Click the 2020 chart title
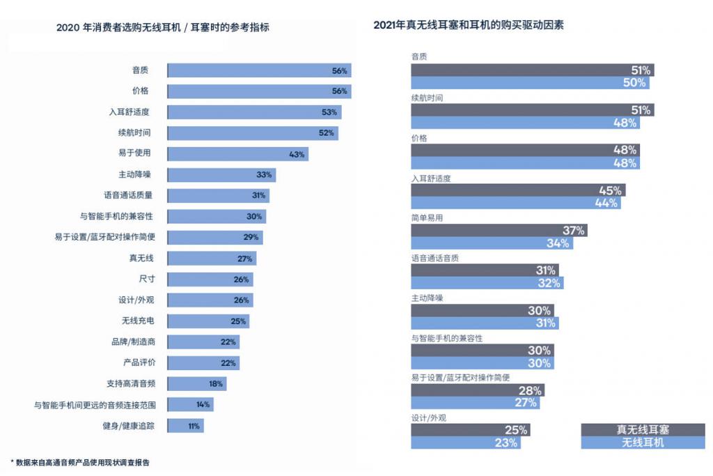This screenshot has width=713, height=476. coord(162,28)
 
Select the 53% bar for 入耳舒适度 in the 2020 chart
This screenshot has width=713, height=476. coord(254,112)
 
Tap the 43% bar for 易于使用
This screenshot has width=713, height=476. coord(237,154)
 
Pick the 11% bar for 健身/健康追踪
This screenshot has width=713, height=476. coord(185,426)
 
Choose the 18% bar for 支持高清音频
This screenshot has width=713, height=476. coord(196,384)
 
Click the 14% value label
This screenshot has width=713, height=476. coord(203,405)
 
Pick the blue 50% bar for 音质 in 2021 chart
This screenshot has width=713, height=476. coord(529,83)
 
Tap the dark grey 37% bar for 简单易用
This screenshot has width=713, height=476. coord(499,231)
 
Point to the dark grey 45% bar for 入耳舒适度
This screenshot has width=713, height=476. coord(517,190)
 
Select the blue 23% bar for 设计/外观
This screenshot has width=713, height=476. coord(465,443)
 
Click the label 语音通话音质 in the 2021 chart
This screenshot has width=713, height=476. coord(435,258)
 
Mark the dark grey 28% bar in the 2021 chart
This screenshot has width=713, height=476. coord(477,390)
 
